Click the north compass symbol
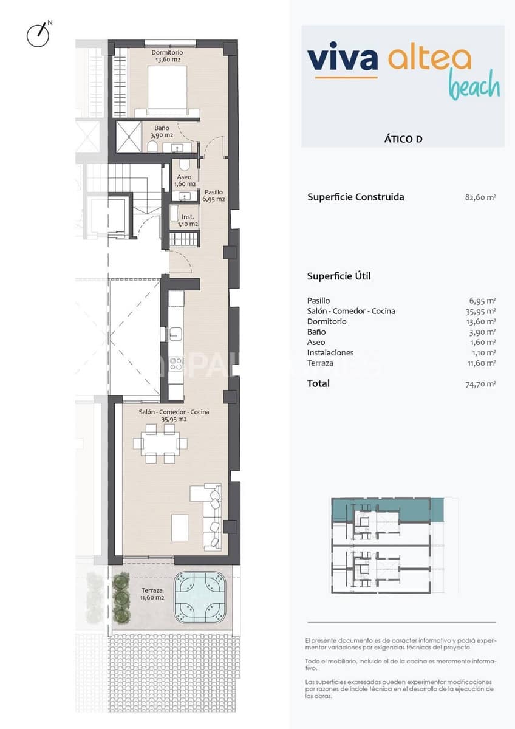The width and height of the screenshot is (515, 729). [x=38, y=35]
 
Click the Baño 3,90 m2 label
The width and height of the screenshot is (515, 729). [x=162, y=131]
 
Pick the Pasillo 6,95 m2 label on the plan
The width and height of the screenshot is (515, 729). [x=214, y=195]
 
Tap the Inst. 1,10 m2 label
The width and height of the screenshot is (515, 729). [x=188, y=220]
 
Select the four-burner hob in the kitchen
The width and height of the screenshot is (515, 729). [x=176, y=364]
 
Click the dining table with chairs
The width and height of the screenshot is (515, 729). [x=160, y=443]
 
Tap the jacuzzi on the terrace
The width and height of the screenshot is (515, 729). [x=199, y=597]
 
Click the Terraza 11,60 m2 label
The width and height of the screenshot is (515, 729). [x=152, y=594]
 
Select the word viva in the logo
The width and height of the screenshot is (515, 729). [x=343, y=59]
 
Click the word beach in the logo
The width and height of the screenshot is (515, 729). [x=474, y=86]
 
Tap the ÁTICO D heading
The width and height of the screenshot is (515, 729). [x=403, y=139]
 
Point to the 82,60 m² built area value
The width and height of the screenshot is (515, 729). [x=479, y=197]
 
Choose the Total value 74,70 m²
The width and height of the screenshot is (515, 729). [x=479, y=384]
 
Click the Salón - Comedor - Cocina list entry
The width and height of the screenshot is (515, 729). [x=351, y=311]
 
